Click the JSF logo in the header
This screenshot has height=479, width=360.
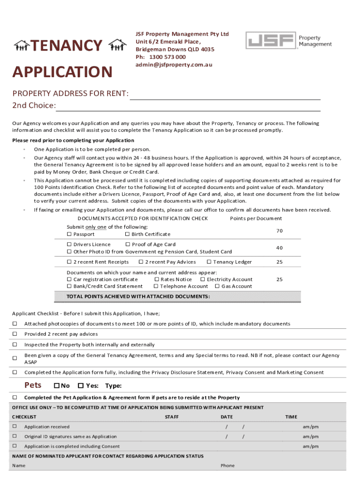(x=271, y=41)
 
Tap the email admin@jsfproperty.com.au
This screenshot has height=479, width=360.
(x=173, y=65)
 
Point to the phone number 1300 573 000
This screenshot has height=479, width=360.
(x=167, y=57)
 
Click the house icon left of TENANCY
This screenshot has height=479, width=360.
(x=22, y=45)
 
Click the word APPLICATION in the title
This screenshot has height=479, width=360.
(x=62, y=72)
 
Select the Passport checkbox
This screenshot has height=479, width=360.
(x=69, y=234)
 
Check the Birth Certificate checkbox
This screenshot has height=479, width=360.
(x=127, y=234)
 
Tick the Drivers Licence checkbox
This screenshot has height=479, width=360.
(x=69, y=244)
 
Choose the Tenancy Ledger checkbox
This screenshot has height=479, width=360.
(x=209, y=262)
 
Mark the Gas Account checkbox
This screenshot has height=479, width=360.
(x=217, y=286)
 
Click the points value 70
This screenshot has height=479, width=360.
(x=279, y=231)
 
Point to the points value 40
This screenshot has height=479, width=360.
(x=279, y=248)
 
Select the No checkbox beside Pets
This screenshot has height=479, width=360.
(x=57, y=386)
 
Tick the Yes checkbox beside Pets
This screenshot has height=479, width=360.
(x=80, y=386)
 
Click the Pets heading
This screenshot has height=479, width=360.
(x=33, y=385)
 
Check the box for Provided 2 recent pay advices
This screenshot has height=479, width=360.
(x=14, y=334)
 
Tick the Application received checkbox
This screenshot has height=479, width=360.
(x=14, y=427)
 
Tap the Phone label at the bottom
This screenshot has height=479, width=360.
(x=228, y=465)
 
